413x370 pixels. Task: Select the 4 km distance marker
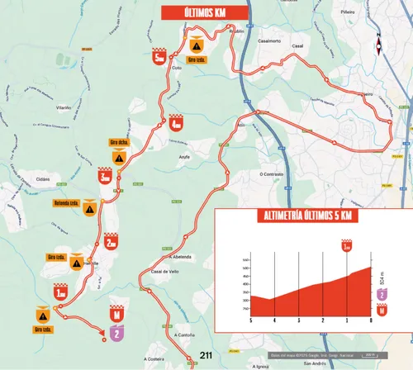point(176,124)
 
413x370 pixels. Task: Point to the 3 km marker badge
point(104,176)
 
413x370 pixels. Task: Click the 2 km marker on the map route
point(111,241)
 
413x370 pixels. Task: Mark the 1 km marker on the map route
point(60,291)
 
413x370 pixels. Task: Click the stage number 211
point(206,355)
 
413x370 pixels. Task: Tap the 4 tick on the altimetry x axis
point(274,320)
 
